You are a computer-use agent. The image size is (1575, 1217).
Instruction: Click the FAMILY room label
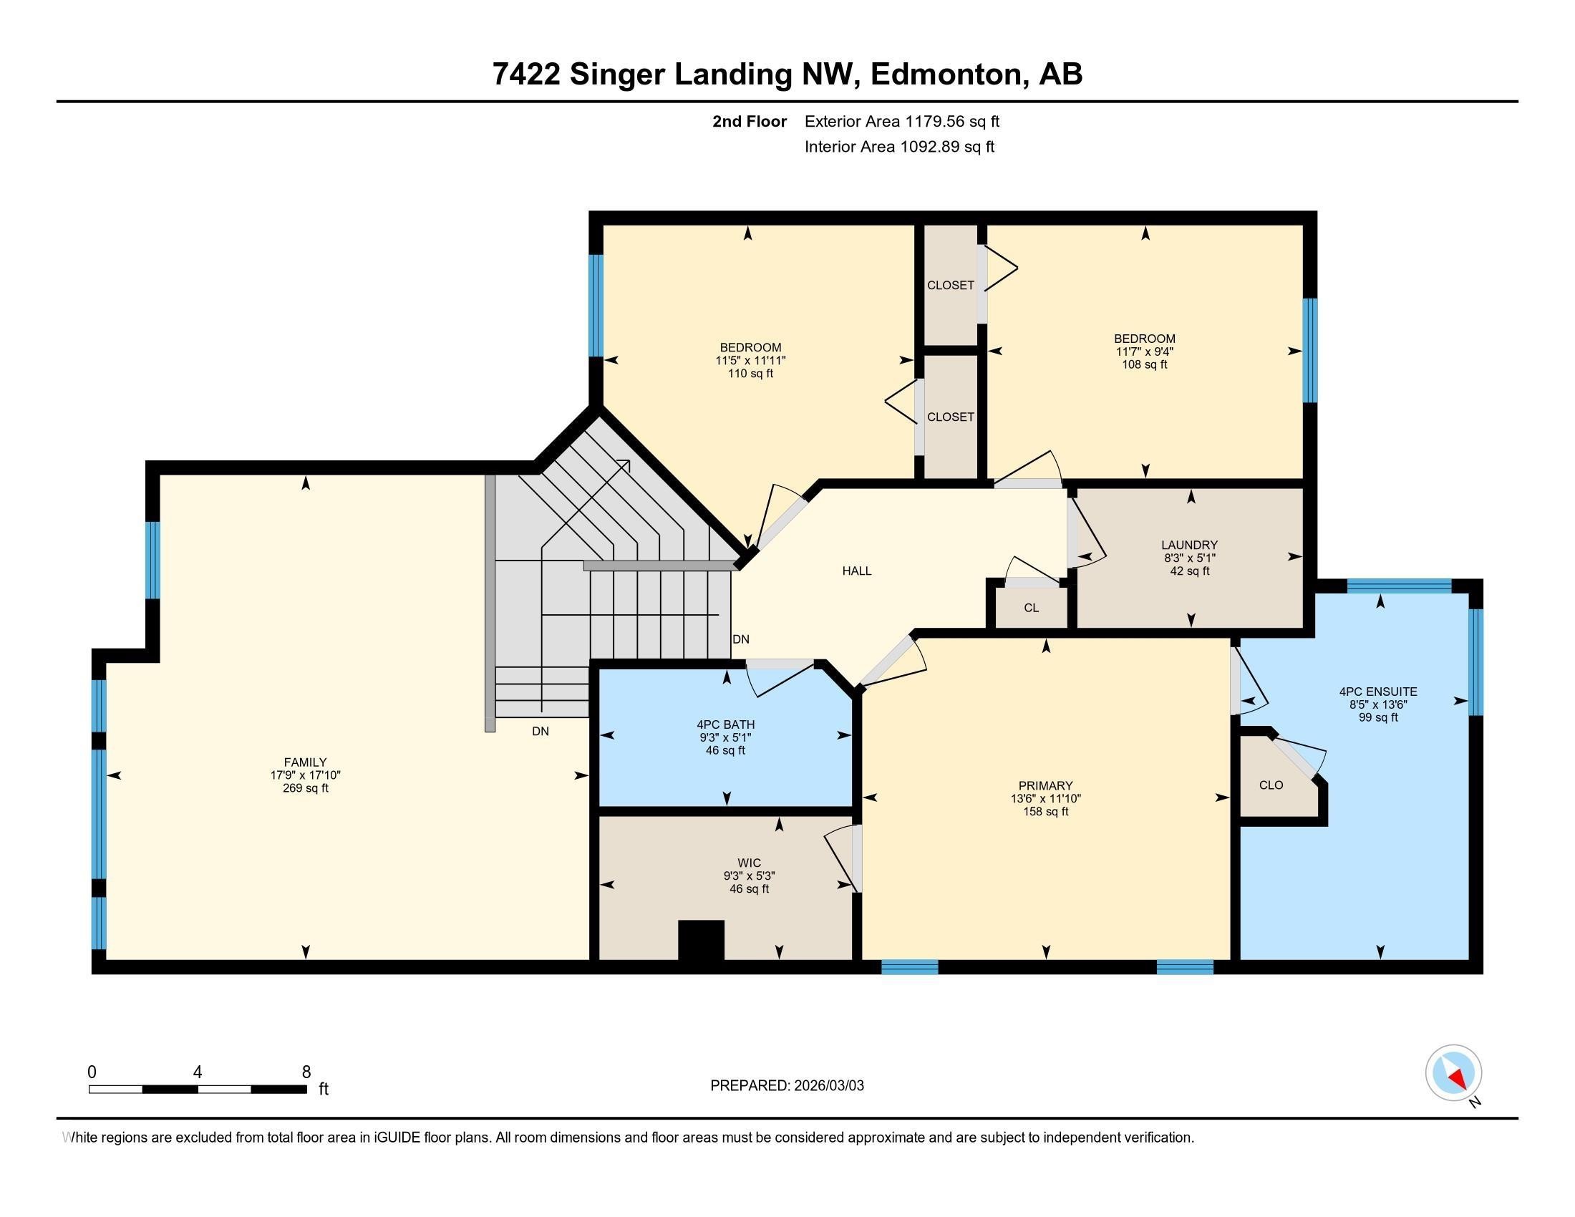(x=305, y=762)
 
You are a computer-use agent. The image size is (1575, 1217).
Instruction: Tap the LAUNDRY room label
(x=1189, y=545)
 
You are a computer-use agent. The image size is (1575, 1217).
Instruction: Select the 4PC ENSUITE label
(x=1378, y=692)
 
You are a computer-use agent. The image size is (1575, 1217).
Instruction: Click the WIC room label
(x=750, y=863)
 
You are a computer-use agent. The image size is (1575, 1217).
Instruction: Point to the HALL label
(x=857, y=571)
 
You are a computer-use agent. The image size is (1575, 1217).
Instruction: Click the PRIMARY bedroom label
(x=1046, y=785)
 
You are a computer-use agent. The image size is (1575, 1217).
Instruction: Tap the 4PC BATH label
(x=725, y=724)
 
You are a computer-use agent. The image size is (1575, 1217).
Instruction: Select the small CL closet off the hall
(x=1031, y=608)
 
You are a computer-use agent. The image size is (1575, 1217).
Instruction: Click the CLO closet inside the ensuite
(x=1271, y=785)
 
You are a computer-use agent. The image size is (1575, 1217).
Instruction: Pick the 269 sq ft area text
(x=305, y=788)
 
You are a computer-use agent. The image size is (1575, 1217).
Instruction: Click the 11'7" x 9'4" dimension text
(x=1145, y=351)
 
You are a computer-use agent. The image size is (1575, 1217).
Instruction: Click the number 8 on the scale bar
(x=306, y=1072)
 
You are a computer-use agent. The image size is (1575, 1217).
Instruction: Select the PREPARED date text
(x=787, y=1086)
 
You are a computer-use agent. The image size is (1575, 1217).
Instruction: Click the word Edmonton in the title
(x=949, y=74)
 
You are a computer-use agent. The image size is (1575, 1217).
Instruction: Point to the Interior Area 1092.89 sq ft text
(x=899, y=147)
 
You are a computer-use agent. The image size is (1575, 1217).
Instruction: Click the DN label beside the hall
(x=741, y=639)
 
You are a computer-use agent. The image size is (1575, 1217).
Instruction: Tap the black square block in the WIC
(x=701, y=940)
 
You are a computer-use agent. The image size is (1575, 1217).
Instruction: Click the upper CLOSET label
(x=951, y=286)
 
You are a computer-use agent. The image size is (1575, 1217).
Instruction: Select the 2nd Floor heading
(x=750, y=122)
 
